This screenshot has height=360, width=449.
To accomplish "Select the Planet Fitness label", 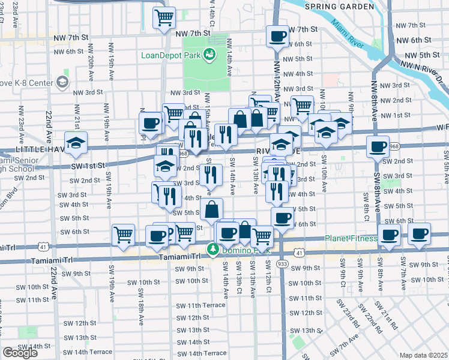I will (351, 238).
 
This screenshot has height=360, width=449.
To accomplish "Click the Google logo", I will (20, 353).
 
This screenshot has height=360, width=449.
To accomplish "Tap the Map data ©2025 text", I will (423, 355).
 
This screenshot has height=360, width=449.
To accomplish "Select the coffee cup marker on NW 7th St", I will (277, 36).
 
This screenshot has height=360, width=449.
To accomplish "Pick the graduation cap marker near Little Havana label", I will (76, 143).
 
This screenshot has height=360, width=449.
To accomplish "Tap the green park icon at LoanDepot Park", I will (209, 56).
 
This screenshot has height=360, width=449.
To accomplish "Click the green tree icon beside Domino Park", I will (212, 248).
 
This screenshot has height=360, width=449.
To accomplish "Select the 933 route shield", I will (282, 263).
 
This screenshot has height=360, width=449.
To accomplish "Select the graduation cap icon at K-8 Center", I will (62, 82).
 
